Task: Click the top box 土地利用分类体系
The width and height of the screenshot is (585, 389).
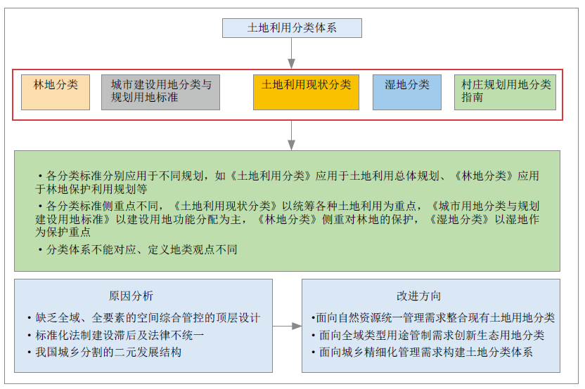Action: (x=292, y=28)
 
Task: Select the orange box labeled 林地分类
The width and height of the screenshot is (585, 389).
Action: (x=56, y=92)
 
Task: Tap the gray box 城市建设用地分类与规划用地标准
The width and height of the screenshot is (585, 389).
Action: (x=160, y=92)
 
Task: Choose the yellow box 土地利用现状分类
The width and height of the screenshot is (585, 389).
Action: (x=306, y=92)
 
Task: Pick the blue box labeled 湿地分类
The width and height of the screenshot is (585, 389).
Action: (x=407, y=92)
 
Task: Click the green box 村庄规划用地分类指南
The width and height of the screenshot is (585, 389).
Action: (x=505, y=92)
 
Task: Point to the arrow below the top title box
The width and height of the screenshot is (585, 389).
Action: (x=292, y=53)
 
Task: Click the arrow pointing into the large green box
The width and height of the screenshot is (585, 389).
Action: (x=292, y=136)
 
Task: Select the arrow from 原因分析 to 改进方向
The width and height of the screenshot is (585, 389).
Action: (x=288, y=326)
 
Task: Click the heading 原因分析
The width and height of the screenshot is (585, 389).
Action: (x=131, y=296)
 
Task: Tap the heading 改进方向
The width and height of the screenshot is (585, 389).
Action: (x=418, y=296)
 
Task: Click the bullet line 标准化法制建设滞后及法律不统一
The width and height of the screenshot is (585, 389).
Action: (x=115, y=335)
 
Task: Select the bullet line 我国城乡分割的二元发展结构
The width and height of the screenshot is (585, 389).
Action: (x=105, y=352)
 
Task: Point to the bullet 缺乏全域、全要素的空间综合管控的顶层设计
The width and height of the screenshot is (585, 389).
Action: (x=143, y=318)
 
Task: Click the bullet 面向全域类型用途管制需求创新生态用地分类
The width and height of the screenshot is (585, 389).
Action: (x=428, y=335)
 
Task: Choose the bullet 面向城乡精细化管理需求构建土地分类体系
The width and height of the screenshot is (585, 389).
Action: (x=423, y=352)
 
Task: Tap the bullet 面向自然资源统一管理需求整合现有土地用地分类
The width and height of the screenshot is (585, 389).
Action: (x=433, y=318)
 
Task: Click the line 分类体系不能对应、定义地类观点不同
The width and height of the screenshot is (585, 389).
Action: (x=138, y=249)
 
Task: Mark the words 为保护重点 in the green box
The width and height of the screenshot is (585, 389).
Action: (x=63, y=232)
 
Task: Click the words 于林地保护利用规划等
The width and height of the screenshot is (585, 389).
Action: (x=91, y=189)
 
